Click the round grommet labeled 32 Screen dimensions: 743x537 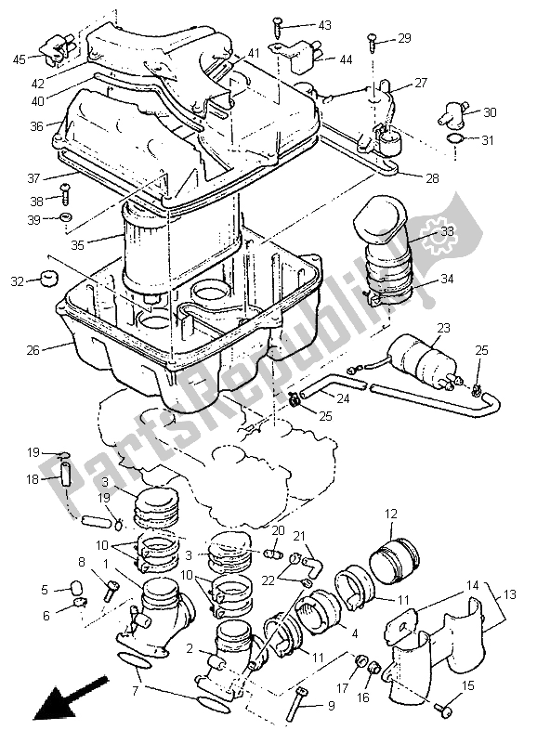coord(42,280)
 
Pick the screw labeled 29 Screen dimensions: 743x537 coord(373,39)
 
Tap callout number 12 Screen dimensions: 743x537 coord(391,513)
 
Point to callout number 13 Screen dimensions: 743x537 coord(510,593)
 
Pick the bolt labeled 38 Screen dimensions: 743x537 coord(66,196)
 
